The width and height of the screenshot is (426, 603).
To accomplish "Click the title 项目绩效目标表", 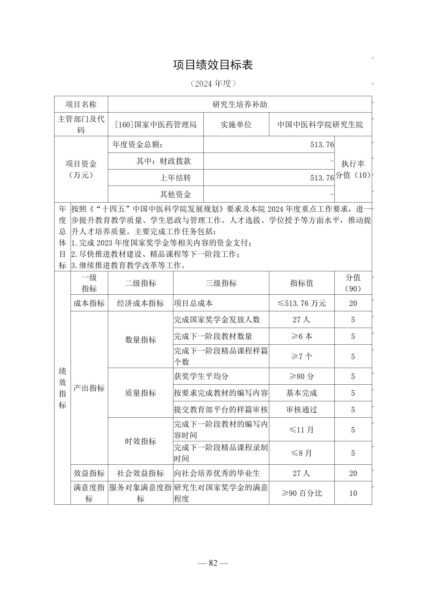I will coord(213,65).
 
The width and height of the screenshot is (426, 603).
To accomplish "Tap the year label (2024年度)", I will coord(213,84).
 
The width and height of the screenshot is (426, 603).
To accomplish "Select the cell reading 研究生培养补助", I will coord(240,104).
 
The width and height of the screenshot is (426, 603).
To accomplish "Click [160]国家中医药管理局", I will coord(156,125).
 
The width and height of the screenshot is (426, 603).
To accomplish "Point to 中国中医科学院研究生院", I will coord(320,125).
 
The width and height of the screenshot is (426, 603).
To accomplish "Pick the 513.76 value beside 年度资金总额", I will coord(322,145).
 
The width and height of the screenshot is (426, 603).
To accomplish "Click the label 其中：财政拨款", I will coord(163,161).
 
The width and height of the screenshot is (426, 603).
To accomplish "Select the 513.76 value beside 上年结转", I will coord(322,178).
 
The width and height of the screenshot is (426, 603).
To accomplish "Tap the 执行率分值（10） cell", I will coord(353,169).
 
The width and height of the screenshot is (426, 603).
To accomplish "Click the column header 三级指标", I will coord(221,283).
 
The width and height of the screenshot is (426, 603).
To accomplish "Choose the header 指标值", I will coord(301,283).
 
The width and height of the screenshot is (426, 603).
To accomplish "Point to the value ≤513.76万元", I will coord(301,303).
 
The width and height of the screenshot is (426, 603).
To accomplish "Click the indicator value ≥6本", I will coord(301,336).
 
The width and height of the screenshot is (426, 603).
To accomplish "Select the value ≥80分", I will coord(301,376).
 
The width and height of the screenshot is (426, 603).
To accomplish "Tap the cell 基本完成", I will coord(301,393).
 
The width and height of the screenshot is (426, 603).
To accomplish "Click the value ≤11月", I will coord(301,430).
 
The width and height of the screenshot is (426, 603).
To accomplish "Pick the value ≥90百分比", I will coord(301,493).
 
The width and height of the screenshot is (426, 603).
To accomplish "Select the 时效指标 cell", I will coord(140,441).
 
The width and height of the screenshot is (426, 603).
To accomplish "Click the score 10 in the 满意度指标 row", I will coord(353,493).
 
